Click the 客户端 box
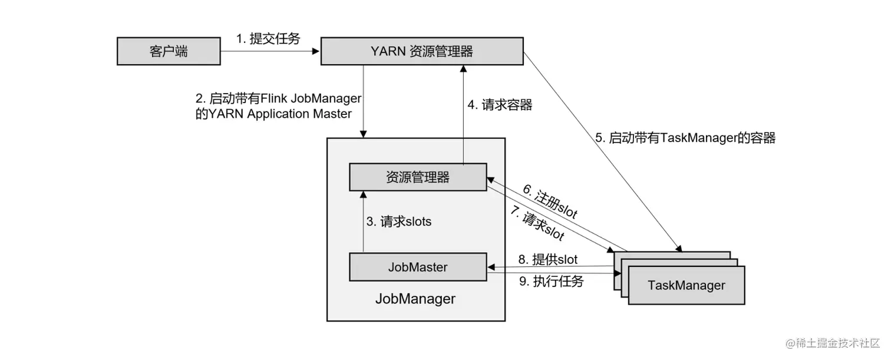pos(169,51)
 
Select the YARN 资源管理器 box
pos(422,51)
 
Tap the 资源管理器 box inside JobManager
pos(418,177)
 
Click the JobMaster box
pos(418,267)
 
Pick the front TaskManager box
pos(687,286)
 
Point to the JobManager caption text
pos(415,299)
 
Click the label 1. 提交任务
pos(268,39)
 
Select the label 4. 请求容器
pos(500,105)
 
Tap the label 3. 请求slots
pos(399,222)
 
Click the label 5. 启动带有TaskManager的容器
pos(685,138)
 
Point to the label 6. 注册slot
pos(550,202)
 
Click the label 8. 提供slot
pos(547,259)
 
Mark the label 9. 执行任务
pos(551,282)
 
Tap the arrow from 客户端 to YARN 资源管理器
pos(270,51)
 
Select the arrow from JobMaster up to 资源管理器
pos(364,222)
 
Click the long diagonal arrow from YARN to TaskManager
pos(601,147)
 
